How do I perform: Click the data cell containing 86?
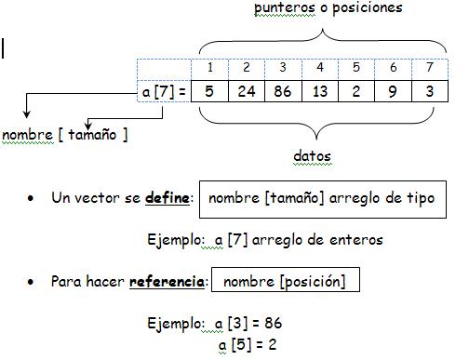point(283,92)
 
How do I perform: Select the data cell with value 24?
point(247,92)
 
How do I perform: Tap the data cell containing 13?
point(319,92)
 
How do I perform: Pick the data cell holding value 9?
point(393,92)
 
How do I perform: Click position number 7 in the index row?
point(429,68)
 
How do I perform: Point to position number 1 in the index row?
point(210,68)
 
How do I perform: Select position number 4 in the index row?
point(319,68)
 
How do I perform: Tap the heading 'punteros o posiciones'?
point(328,8)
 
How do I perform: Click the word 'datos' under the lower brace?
point(312,155)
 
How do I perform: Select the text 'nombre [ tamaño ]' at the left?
point(65,135)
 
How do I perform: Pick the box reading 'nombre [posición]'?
point(285,282)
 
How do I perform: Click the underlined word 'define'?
point(169,198)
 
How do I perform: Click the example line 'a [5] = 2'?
point(248,343)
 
